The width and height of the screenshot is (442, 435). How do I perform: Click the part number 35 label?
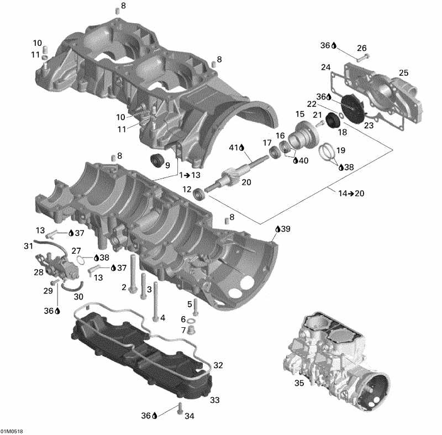299,382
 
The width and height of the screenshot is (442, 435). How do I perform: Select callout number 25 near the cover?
403,73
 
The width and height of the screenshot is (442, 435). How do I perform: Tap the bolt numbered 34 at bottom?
179,410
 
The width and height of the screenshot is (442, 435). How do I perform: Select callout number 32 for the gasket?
218,365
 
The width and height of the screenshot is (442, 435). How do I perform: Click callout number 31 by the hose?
28,245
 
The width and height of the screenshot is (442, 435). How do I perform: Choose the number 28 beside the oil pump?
39,272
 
